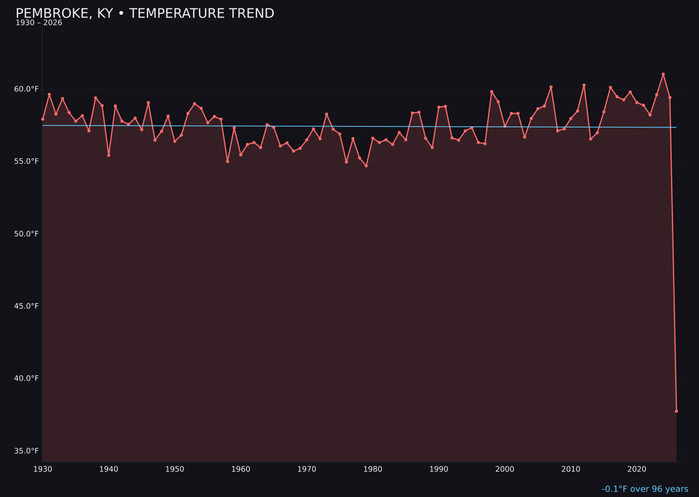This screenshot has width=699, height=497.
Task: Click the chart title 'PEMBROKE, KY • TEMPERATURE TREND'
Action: pyautogui.click(x=145, y=14)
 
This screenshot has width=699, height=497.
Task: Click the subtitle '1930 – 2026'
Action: pyautogui.click(x=39, y=23)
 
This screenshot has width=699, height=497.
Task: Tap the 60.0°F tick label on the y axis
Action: pyautogui.click(x=27, y=89)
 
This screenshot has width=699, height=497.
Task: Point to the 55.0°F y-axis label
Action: pyautogui.click(x=27, y=161)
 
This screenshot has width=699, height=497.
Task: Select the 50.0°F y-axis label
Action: pyautogui.click(x=27, y=234)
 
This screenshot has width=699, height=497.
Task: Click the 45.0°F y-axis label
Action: pyautogui.click(x=27, y=306)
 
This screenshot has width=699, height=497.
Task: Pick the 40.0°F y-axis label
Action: pyautogui.click(x=27, y=379)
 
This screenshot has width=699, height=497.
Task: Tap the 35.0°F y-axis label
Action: pyautogui.click(x=27, y=451)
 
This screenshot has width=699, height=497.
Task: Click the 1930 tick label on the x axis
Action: pyautogui.click(x=43, y=469)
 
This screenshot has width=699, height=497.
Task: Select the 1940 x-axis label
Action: pyautogui.click(x=109, y=469)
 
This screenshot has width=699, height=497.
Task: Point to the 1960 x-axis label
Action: pyautogui.click(x=241, y=469)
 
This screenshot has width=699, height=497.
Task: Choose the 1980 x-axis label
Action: pyautogui.click(x=373, y=469)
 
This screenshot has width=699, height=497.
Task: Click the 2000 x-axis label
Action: pyautogui.click(x=505, y=469)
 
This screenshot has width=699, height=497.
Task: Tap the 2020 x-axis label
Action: pyautogui.click(x=637, y=469)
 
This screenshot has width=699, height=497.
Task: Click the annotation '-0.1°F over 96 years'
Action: pyautogui.click(x=645, y=489)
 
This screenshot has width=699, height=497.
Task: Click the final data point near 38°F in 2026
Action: pyautogui.click(x=676, y=411)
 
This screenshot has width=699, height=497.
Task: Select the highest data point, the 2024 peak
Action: pyautogui.click(x=663, y=74)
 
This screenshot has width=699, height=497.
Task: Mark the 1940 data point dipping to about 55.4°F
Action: pyautogui.click(x=109, y=155)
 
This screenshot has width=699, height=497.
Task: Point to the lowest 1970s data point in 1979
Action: pyautogui.click(x=366, y=166)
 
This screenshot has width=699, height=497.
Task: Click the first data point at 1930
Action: pyautogui.click(x=43, y=119)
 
